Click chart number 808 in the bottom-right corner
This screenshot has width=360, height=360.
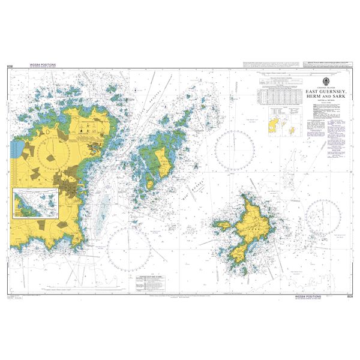click(x=350, y=296)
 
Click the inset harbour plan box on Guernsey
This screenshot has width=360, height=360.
click(x=35, y=202)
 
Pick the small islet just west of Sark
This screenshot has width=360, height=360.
click(x=223, y=226)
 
